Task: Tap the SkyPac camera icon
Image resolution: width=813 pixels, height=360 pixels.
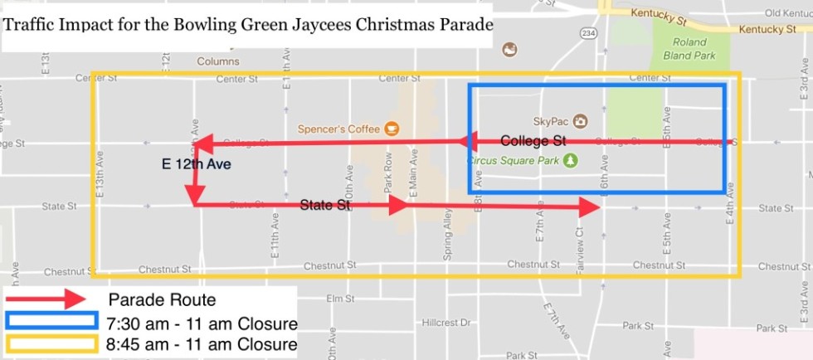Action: point(580,121)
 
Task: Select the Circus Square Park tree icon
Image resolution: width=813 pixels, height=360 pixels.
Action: point(570,160)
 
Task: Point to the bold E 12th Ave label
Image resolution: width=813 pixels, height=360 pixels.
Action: point(196,165)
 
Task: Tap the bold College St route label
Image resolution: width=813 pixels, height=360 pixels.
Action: point(533,140)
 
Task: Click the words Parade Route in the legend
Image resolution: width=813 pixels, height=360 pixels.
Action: point(163,299)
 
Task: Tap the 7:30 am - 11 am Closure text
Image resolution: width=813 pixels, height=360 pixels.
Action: point(202,323)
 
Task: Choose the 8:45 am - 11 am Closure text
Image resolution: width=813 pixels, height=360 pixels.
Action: point(202,343)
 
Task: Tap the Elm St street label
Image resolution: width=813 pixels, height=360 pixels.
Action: point(335,298)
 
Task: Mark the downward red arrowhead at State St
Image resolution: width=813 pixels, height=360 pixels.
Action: point(195,198)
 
